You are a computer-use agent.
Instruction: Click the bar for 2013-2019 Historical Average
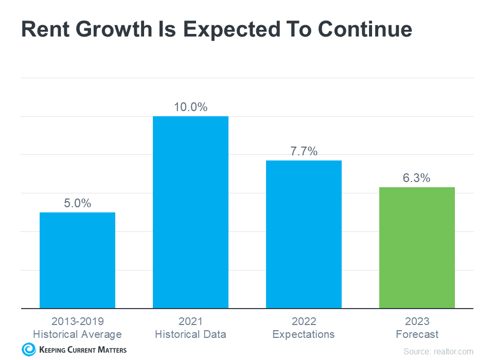(x=77, y=260)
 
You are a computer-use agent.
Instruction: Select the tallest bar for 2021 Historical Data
(x=190, y=212)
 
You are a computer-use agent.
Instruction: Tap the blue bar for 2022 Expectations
(x=304, y=234)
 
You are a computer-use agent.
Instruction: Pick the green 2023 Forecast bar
(x=417, y=247)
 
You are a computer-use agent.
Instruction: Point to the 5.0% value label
(x=77, y=203)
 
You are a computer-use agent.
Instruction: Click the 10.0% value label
(x=190, y=107)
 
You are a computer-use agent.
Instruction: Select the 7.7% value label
(x=304, y=151)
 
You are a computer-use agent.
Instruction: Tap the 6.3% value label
(x=417, y=178)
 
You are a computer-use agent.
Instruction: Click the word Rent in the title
(x=45, y=30)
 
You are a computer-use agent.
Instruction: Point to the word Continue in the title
(x=364, y=30)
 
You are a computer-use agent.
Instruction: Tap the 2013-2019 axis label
(x=77, y=321)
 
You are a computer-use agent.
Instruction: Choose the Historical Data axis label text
(x=190, y=334)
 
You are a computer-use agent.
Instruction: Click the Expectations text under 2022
(x=304, y=334)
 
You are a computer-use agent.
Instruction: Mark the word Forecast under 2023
(x=417, y=334)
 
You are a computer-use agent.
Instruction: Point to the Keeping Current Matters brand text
(x=82, y=350)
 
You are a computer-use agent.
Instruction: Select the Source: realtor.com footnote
(x=438, y=351)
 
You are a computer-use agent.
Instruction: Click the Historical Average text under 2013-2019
(x=77, y=334)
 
